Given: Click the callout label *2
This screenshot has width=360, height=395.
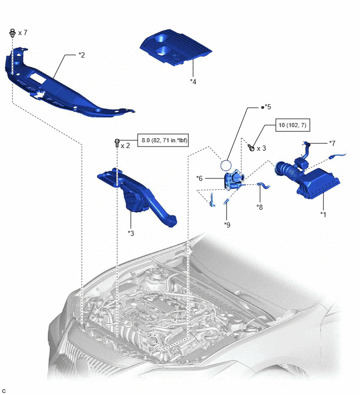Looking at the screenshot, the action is [82, 55].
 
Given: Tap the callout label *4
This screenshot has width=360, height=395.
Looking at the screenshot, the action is [193, 82].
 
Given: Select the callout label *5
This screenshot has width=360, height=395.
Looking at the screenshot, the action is [267, 107].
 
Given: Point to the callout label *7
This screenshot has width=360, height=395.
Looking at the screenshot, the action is [332, 143].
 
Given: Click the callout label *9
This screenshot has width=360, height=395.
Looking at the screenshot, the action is [227, 225].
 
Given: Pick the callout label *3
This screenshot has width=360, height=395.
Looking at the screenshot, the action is [131, 233].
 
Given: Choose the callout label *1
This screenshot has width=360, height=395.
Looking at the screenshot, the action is [323, 215].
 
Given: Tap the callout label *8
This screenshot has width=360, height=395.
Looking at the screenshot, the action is [260, 207].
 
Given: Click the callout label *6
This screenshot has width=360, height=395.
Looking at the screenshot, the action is [199, 178].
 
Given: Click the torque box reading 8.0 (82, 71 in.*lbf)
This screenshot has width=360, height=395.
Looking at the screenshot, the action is [163, 140].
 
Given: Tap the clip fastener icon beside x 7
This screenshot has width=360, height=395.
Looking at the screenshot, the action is [12, 33].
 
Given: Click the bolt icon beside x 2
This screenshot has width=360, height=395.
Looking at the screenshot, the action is [117, 143].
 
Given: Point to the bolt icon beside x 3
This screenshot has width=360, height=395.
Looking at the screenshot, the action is [251, 148].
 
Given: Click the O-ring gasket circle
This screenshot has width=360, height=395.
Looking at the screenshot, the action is [226, 161].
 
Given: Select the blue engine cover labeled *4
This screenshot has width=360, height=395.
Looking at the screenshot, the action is [176, 48].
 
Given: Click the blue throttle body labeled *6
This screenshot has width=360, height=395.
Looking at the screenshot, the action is [234, 179].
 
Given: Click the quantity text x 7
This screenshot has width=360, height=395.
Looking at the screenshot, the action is [22, 33].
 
